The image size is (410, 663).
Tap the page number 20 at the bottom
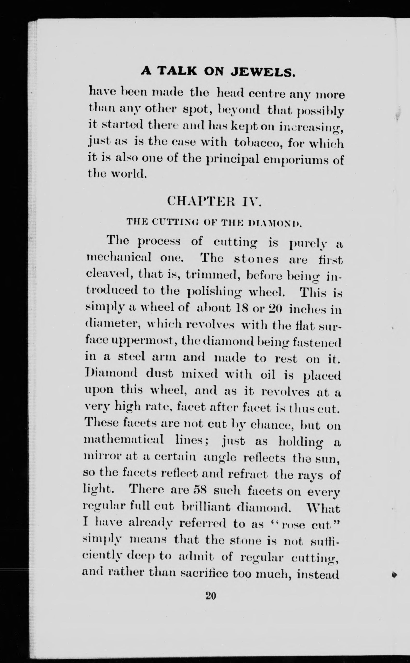click(211, 596)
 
